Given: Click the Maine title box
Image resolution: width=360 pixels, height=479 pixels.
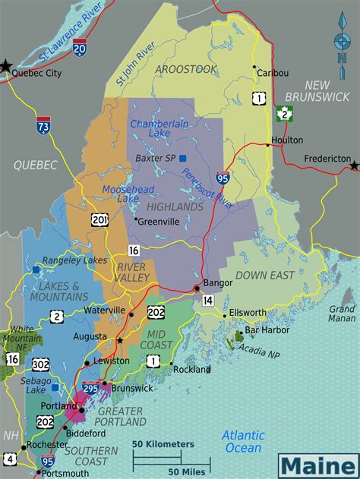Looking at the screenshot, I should [317, 462].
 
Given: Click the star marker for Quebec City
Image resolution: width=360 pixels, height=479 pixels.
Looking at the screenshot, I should [7, 66].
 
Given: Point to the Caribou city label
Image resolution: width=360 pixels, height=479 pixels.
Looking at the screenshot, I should [273, 73].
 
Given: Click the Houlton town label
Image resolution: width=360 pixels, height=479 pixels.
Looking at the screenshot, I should [286, 140].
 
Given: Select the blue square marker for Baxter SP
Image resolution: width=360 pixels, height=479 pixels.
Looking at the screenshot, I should [182, 158].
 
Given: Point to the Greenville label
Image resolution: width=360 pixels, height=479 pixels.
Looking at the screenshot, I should [159, 222].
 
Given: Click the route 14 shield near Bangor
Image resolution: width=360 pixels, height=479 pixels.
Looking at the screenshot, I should [208, 301].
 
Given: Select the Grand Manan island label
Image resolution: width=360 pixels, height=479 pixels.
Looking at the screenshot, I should [342, 314].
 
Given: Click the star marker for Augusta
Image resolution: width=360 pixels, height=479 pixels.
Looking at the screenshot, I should [119, 340].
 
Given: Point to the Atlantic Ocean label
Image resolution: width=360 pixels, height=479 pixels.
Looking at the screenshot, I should [243, 441].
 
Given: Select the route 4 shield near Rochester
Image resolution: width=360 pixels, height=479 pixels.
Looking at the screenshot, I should [9, 459].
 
